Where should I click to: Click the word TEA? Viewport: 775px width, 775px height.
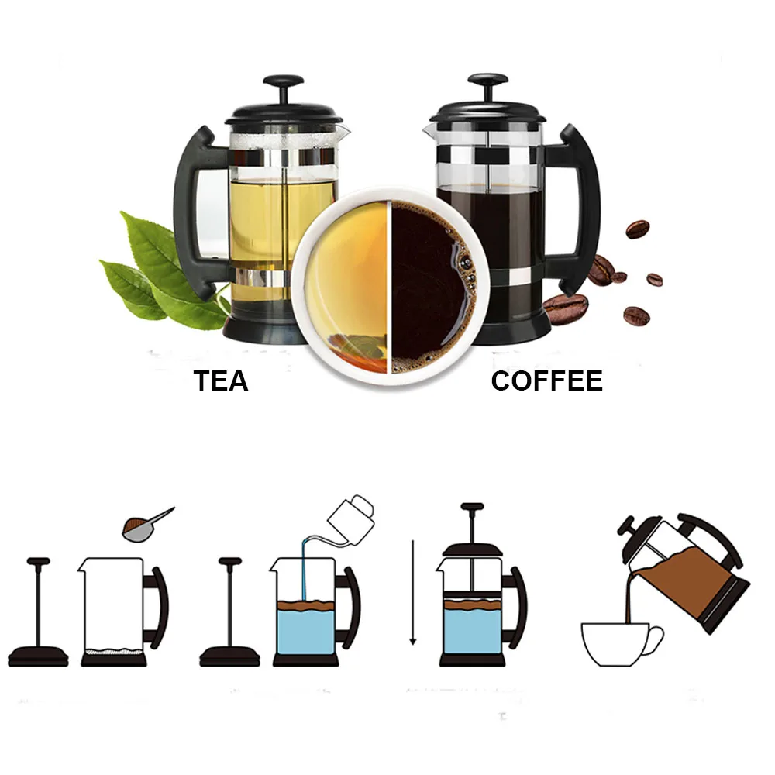[x=221, y=381]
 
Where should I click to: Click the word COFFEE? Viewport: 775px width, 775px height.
[x=546, y=381]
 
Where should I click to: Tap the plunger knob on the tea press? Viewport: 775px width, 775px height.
[x=283, y=81]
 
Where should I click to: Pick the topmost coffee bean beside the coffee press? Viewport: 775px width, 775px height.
[x=637, y=229]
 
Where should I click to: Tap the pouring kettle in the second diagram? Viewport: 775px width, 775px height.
[x=353, y=511]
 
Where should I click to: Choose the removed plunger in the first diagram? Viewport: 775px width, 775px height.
[x=38, y=612]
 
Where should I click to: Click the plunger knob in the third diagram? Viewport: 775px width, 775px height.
[x=472, y=508]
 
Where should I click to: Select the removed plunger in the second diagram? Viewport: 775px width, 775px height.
[x=229, y=612]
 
